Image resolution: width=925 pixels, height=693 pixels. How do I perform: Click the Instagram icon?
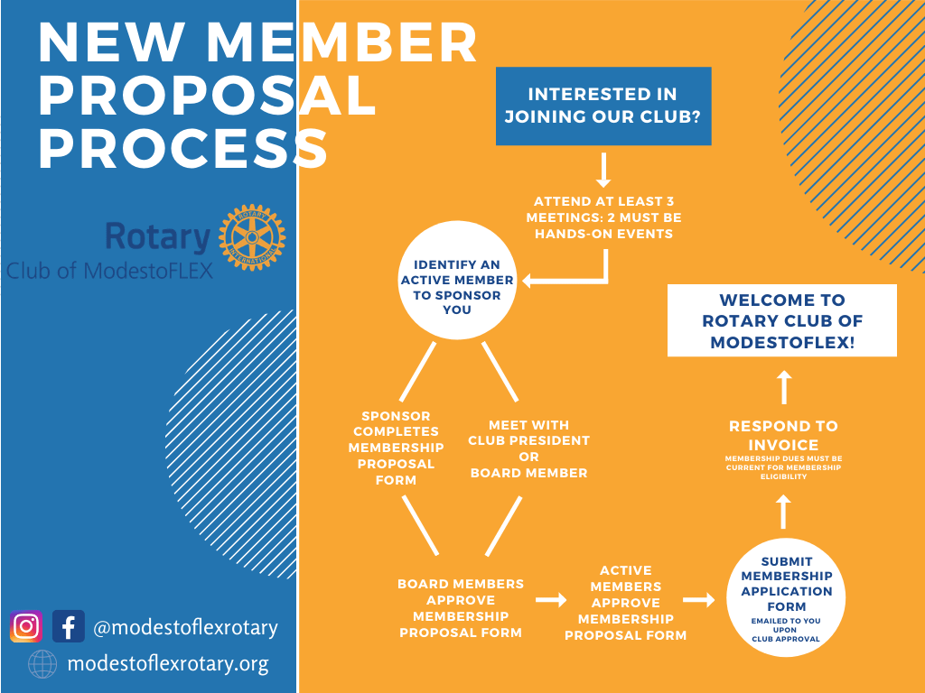click(x=27, y=626)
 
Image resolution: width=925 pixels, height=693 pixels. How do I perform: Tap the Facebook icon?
click(x=69, y=626)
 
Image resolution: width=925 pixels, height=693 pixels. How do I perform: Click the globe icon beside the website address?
click(x=42, y=664)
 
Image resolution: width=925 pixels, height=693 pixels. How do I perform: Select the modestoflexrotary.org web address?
click(x=168, y=664)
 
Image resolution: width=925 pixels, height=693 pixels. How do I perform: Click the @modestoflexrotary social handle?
click(x=185, y=627)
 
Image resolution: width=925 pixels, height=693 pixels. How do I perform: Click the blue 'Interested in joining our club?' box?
click(x=603, y=106)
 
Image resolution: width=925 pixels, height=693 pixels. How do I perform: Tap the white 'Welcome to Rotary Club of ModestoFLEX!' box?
click(x=782, y=321)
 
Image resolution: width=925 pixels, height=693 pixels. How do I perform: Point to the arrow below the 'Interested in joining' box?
click(x=604, y=171)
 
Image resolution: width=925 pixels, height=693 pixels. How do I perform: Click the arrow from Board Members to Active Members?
click(x=549, y=599)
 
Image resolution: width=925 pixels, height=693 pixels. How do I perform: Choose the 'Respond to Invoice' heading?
click(x=783, y=435)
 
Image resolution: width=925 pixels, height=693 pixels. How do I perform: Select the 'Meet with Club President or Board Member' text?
click(x=528, y=448)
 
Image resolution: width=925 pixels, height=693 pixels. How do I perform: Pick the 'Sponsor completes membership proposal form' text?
click(x=396, y=448)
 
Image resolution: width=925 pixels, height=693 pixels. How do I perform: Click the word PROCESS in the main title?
click(x=182, y=148)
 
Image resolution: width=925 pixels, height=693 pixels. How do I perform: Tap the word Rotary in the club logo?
click(x=158, y=237)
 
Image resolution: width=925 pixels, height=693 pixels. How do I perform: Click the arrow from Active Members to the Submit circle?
click(x=698, y=599)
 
